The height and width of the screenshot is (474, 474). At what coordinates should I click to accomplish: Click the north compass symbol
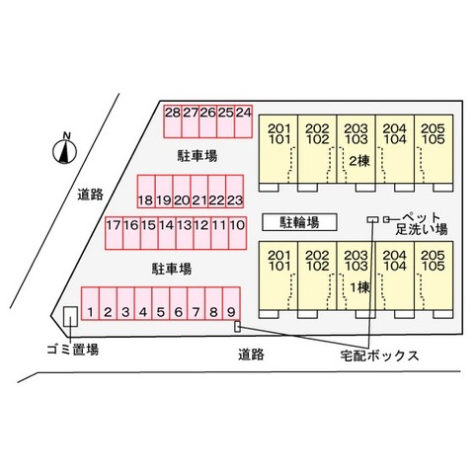pyautogui.click(x=65, y=151)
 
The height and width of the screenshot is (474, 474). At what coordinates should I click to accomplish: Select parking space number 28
pyautogui.click(x=173, y=121)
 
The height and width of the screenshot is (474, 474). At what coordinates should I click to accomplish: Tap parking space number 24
pyautogui.click(x=244, y=121)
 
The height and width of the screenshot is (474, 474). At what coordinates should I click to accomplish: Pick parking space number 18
pyautogui.click(x=146, y=192)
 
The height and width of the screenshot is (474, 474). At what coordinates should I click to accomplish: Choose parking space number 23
pyautogui.click(x=235, y=192)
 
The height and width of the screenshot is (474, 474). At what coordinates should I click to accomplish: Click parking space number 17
pyautogui.click(x=114, y=233)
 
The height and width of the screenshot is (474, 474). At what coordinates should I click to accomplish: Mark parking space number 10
pyautogui.click(x=238, y=233)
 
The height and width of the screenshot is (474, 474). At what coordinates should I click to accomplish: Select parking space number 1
pyautogui.click(x=90, y=303)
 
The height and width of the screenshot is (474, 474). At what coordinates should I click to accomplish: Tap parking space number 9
pyautogui.click(x=231, y=303)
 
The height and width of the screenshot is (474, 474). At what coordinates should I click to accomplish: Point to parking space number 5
pyautogui.click(x=161, y=303)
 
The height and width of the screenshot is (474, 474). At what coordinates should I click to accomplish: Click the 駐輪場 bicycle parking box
pyautogui.click(x=299, y=222)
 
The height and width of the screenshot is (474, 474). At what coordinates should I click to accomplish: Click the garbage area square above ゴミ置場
pyautogui.click(x=70, y=317)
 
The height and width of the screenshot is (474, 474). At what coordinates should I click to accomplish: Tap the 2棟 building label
pyautogui.click(x=359, y=161)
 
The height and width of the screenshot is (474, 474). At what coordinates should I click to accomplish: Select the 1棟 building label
pyautogui.click(x=359, y=288)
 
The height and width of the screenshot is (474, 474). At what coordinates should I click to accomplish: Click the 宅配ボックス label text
pyautogui.click(x=379, y=355)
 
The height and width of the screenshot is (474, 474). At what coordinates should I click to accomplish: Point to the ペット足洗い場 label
pyautogui.click(x=422, y=223)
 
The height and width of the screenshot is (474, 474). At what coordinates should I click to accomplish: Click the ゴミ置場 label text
pyautogui.click(x=73, y=350)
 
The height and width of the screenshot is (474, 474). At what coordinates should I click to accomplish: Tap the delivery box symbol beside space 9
pyautogui.click(x=237, y=327)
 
